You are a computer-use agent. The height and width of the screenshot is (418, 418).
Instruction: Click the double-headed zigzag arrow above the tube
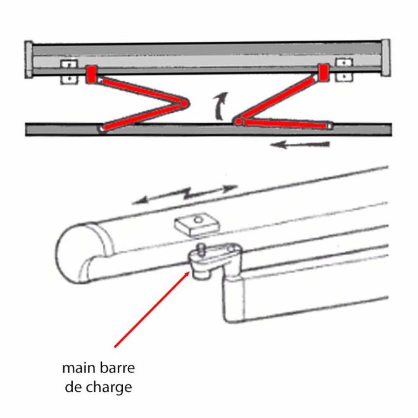point(185,194)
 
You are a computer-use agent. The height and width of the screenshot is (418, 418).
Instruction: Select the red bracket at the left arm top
point(92,73)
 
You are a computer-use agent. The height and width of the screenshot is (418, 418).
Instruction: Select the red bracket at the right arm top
point(324,72)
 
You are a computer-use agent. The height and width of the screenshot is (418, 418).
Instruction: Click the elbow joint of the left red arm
point(184,103)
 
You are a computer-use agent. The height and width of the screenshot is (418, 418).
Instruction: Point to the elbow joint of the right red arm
point(237,120)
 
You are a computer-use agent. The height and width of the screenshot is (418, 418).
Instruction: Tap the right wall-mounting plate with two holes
point(343,70)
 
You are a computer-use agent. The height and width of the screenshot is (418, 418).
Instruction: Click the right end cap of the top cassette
point(385,58)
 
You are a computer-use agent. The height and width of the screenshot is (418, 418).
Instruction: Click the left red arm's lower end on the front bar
point(103,128)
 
